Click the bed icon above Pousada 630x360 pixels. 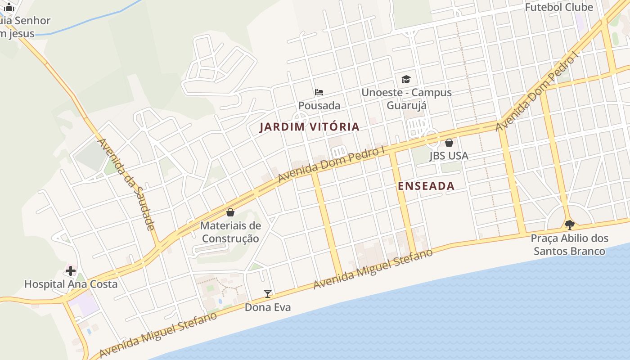click(x=319, y=92)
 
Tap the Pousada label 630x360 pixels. click(x=319, y=106)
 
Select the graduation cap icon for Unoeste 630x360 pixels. click(x=406, y=80)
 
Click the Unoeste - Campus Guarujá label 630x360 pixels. click(x=406, y=99)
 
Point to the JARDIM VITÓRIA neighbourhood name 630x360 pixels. click(x=310, y=127)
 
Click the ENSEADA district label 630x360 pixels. click(x=426, y=186)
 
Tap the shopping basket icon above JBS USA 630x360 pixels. click(x=449, y=143)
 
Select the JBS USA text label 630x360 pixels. click(x=449, y=156)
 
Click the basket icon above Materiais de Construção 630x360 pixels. click(x=230, y=212)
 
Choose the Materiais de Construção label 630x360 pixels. click(x=230, y=232)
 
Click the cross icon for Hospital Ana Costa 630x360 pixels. click(x=71, y=271)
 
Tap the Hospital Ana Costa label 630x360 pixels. click(x=71, y=284)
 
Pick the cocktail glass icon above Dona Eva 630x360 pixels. click(x=268, y=294)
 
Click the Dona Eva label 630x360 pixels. click(x=268, y=307)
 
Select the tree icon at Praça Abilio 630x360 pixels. click(x=569, y=224)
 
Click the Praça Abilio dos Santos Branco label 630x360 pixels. click(x=569, y=244)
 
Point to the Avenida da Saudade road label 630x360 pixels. click(x=127, y=184)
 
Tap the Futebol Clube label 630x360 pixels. click(x=559, y=7)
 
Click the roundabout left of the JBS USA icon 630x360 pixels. click(x=432, y=138)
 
